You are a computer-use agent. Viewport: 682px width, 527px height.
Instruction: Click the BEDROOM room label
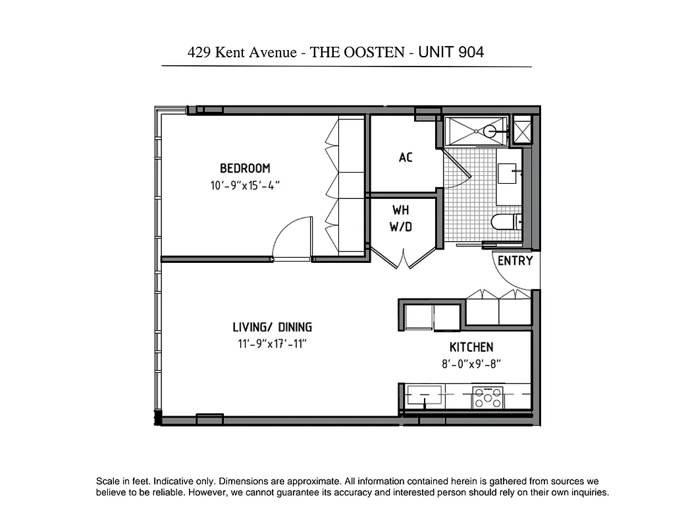point(245,168)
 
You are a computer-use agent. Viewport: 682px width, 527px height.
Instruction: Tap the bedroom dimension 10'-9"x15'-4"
point(245,186)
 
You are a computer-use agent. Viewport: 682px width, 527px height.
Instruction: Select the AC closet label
point(406,157)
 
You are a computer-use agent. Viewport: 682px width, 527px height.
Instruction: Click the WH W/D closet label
point(401,219)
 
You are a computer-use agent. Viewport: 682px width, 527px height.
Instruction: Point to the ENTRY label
point(515,261)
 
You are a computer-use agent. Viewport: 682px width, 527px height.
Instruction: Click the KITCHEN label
point(471,347)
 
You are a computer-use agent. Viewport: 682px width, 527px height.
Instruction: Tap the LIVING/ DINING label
point(272,327)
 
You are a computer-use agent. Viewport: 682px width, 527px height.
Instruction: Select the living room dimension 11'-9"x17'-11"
point(272,343)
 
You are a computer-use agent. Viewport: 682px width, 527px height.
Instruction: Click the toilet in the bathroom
point(505,222)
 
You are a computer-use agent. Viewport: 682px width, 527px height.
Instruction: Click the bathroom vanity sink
point(508,174)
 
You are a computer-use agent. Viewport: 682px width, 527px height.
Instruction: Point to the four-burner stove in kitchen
point(487,397)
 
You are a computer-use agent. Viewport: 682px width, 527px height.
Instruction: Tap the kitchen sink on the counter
point(422,397)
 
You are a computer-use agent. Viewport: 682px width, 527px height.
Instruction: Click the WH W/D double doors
point(403,257)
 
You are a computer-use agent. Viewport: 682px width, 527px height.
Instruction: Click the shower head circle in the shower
point(489,131)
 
